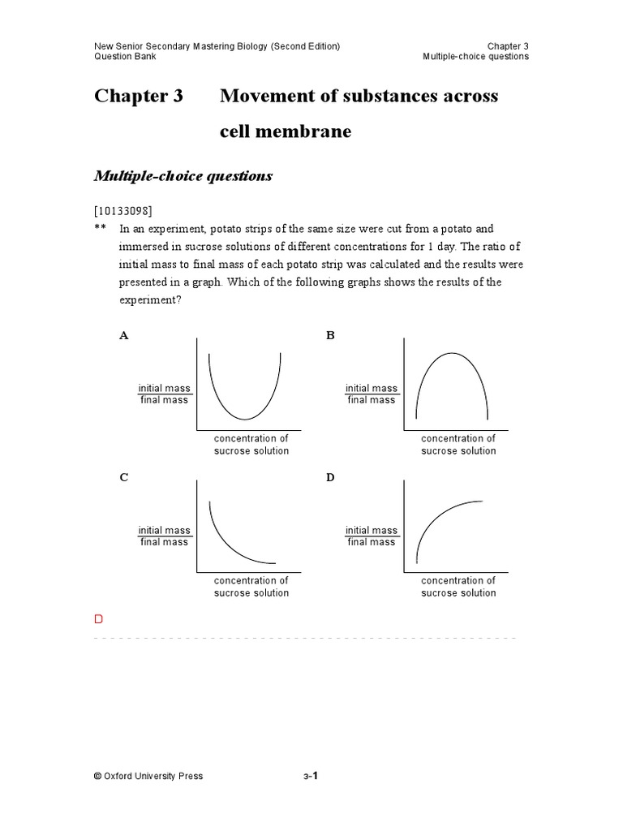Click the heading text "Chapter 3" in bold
[x=139, y=97]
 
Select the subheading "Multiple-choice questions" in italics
[x=183, y=176]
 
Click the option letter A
[x=124, y=335]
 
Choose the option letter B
[x=330, y=335]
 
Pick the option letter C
[x=124, y=477]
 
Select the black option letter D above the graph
[x=330, y=477]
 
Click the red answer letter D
[x=99, y=619]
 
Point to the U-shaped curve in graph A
[x=245, y=411]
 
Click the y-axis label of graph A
[x=164, y=394]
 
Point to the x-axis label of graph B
[x=458, y=445]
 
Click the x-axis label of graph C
[x=251, y=587]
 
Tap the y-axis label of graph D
[x=372, y=536]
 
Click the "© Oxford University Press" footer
[x=148, y=776]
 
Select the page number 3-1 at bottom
[x=311, y=776]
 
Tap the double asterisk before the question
[x=100, y=230]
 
